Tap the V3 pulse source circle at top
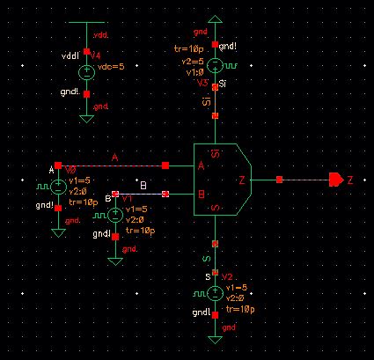[213, 65]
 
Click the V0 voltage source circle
[58, 186]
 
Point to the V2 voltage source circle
[213, 292]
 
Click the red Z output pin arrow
[336, 180]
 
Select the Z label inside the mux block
[242, 180]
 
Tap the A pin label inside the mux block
[202, 166]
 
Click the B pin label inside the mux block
[202, 194]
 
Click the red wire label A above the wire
[114, 157]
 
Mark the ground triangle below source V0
[58, 232]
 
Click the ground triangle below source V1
[114, 261]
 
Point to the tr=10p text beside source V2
[240, 308]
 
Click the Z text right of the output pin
[350, 180]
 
